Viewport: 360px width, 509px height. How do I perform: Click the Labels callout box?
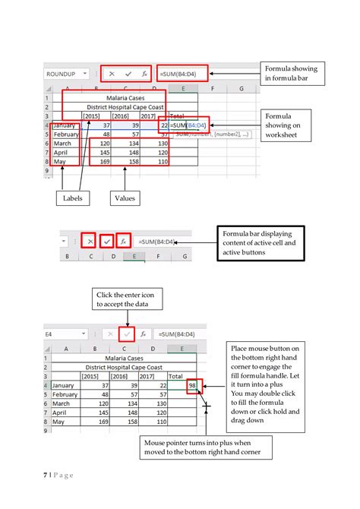[x=73, y=198]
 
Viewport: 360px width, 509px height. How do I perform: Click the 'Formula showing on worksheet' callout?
[x=288, y=125]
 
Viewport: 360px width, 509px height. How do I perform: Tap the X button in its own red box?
[x=90, y=242]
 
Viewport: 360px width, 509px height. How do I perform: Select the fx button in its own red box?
[x=124, y=242]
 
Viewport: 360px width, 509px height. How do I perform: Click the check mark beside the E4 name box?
[x=127, y=334]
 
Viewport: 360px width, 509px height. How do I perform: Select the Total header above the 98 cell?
[x=175, y=376]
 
